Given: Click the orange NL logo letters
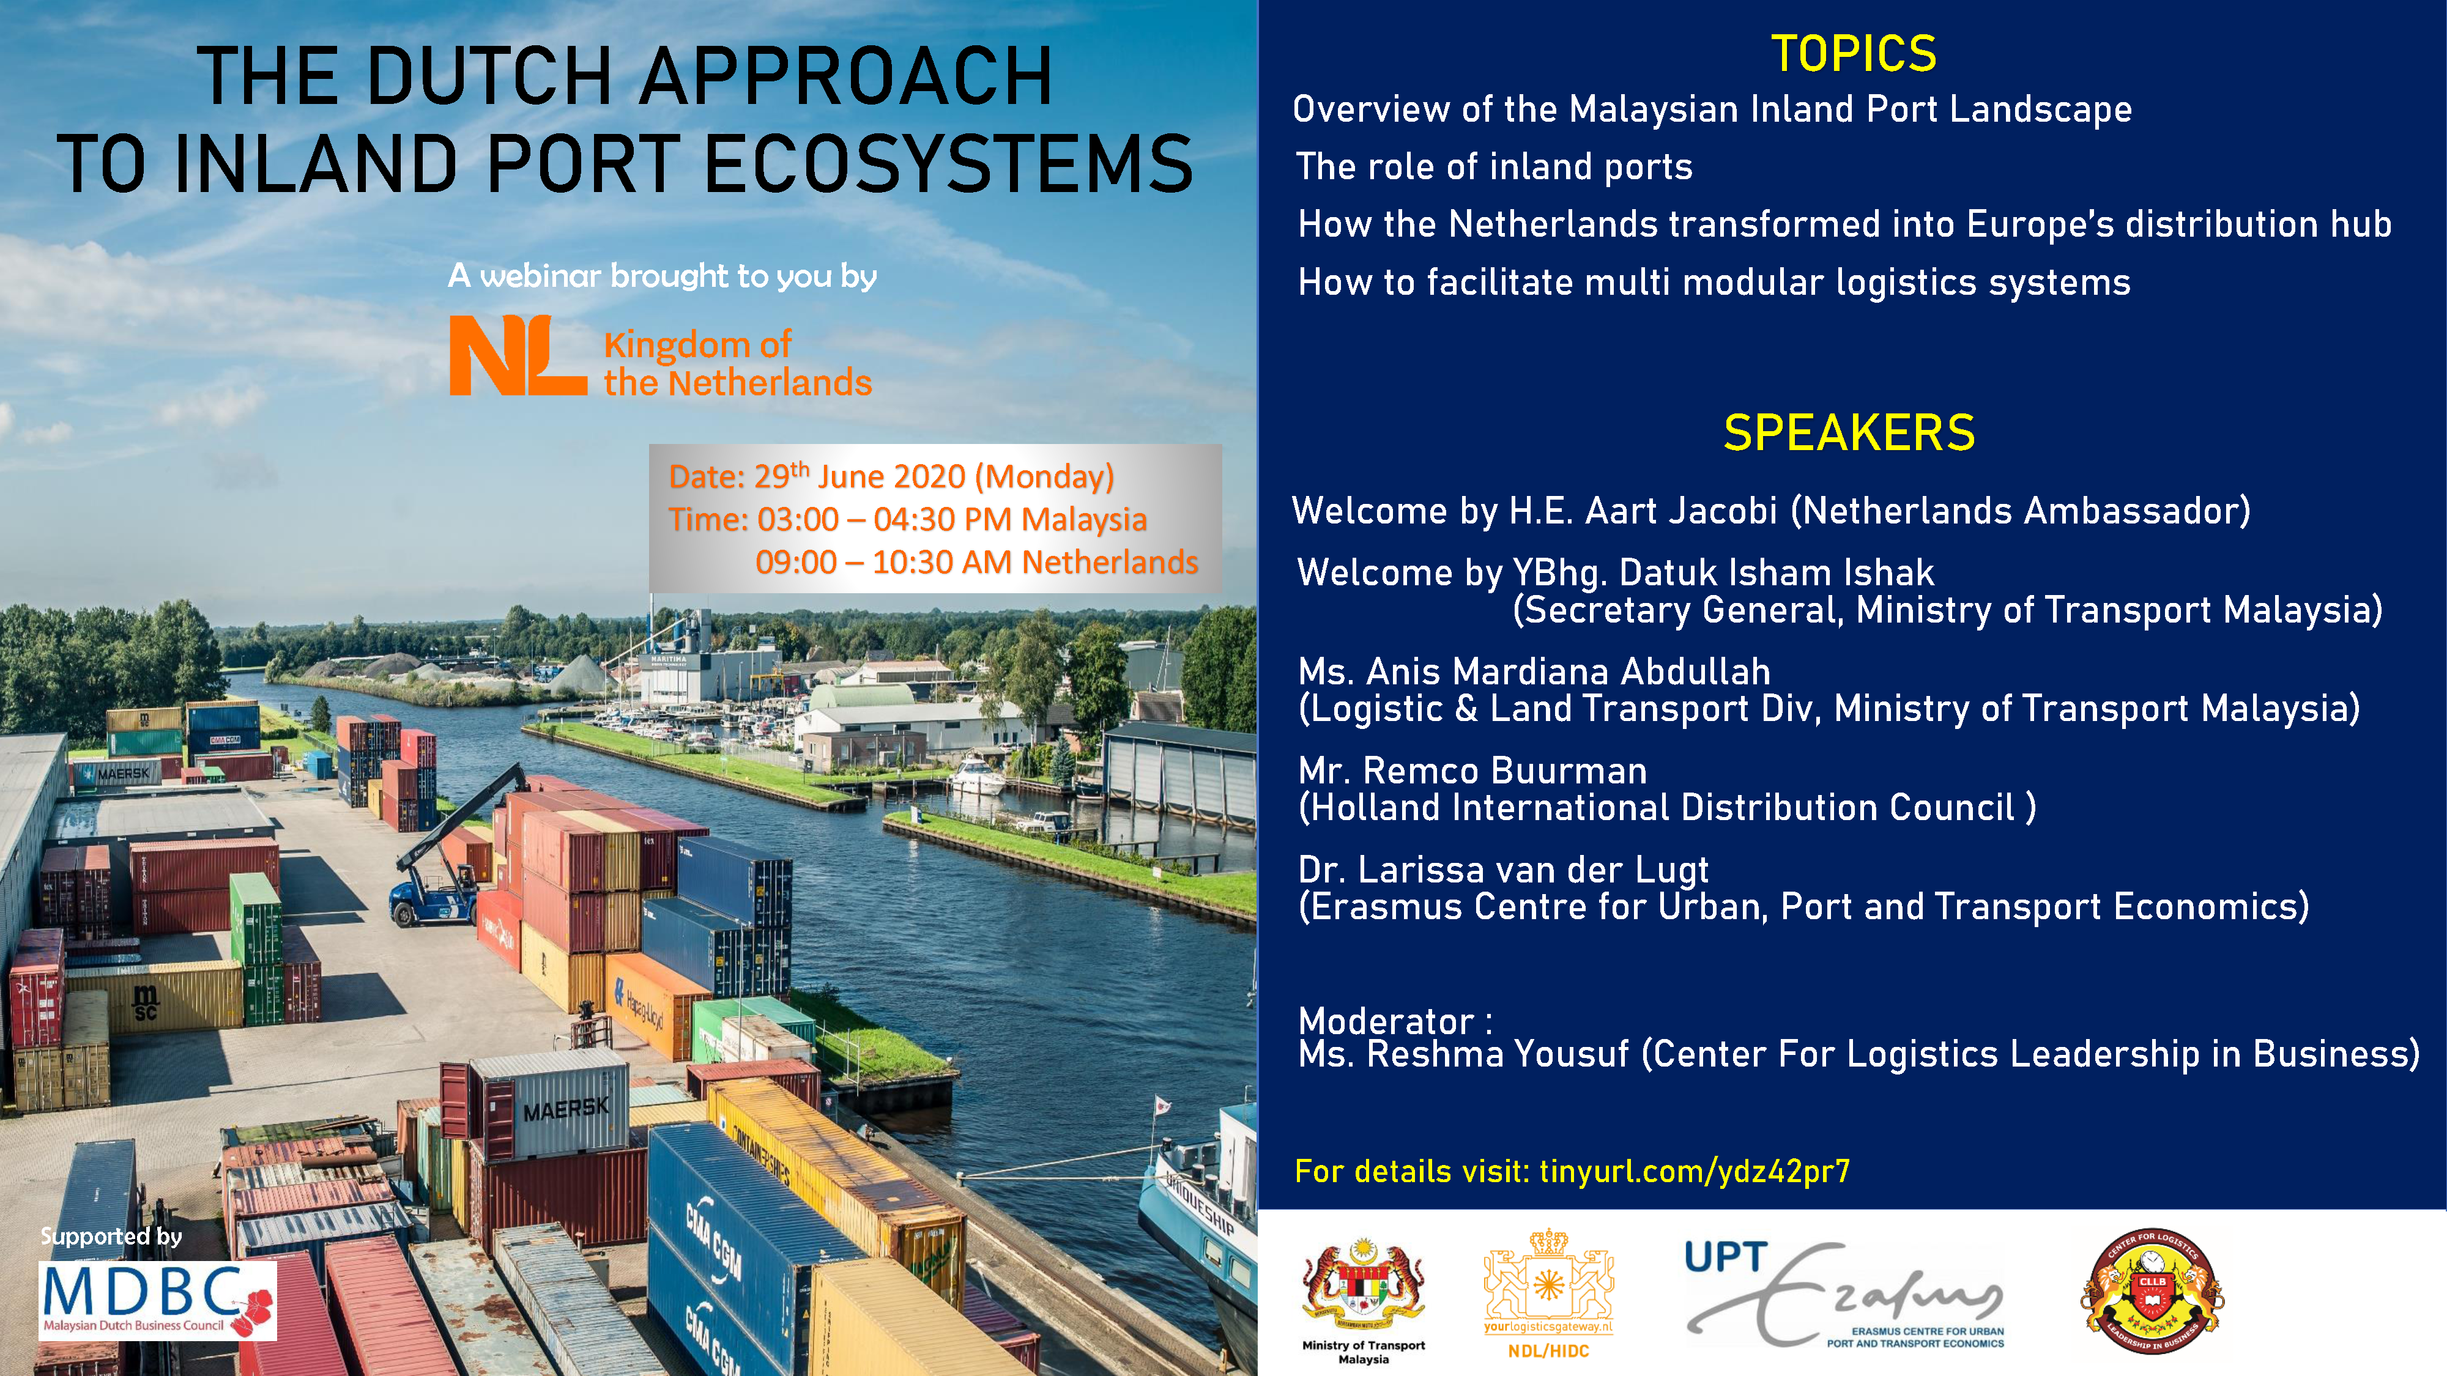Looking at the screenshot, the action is [518, 355].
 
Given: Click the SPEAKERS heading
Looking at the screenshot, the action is [1849, 433].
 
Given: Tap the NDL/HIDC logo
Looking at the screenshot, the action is [1548, 1292].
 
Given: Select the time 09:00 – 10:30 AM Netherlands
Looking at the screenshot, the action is [976, 562].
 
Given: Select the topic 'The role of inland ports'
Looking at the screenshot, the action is [1495, 167].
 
